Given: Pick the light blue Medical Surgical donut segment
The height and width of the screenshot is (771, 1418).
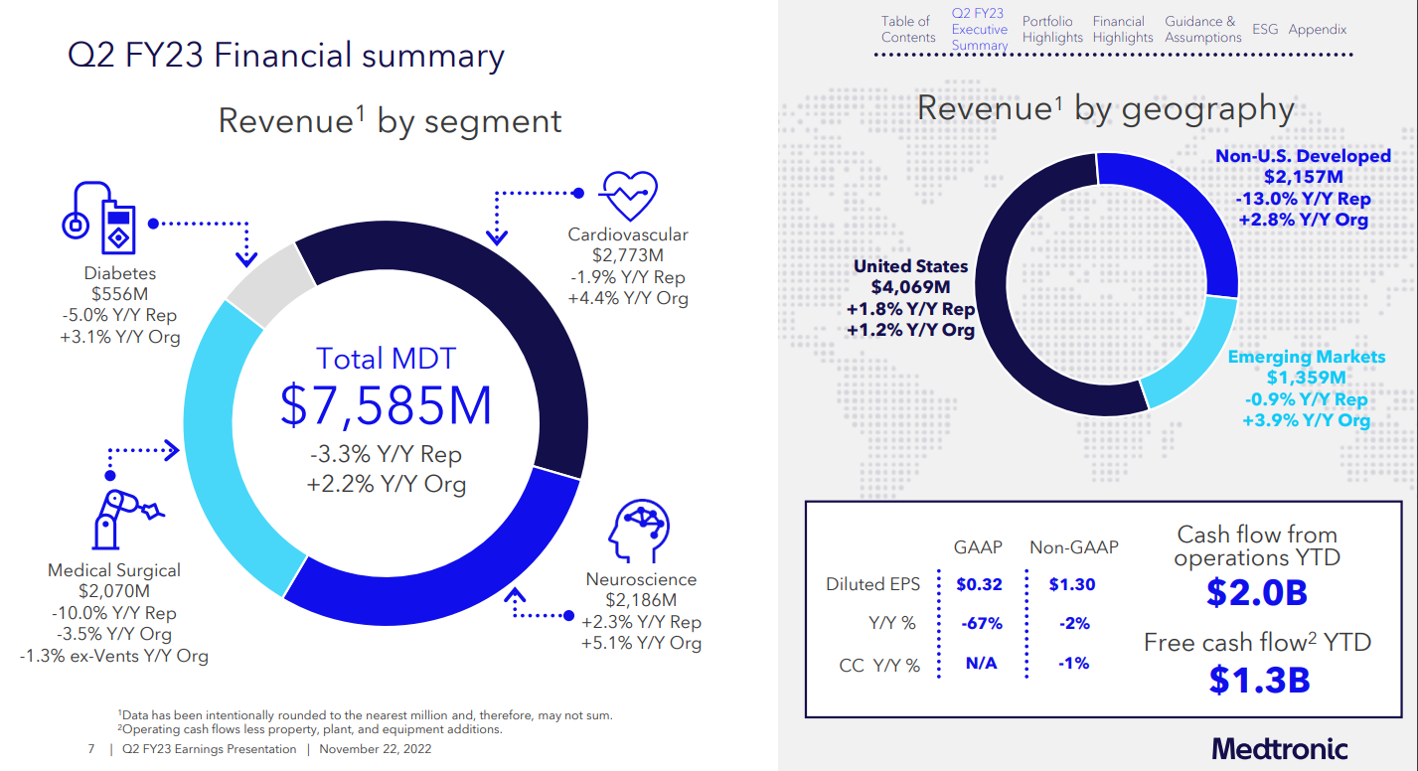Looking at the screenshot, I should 229,437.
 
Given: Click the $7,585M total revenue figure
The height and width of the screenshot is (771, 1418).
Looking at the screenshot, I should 387,404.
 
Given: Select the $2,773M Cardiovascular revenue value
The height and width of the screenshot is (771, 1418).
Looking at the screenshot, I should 627,256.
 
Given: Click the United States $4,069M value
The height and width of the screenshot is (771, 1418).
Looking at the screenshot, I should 910,288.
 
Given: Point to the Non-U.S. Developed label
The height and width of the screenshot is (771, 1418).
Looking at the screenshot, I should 1303,156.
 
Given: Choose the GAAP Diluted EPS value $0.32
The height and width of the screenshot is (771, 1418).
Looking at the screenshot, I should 979,584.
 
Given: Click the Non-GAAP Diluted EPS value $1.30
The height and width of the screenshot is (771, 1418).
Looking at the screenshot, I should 1072,584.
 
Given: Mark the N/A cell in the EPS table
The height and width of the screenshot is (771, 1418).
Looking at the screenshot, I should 981,663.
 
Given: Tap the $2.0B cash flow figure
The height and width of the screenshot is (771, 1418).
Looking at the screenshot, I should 1256,592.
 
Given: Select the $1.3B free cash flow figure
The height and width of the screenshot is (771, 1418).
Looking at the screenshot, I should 1259,679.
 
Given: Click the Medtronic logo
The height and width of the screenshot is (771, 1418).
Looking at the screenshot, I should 1280,747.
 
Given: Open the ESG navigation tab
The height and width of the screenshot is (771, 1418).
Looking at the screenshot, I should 1265,30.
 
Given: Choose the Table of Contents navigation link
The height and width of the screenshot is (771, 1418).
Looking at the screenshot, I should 907,30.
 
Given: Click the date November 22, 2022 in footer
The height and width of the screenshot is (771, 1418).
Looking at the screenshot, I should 375,749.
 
